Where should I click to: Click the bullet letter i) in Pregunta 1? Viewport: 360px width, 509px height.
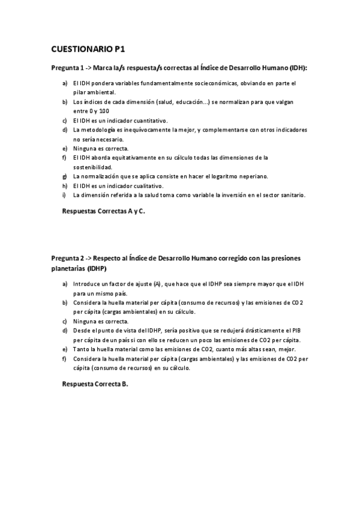[x=64, y=195]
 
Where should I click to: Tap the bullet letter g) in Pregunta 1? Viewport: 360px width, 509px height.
[x=64, y=176]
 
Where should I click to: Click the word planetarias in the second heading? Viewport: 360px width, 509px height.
[x=67, y=268]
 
